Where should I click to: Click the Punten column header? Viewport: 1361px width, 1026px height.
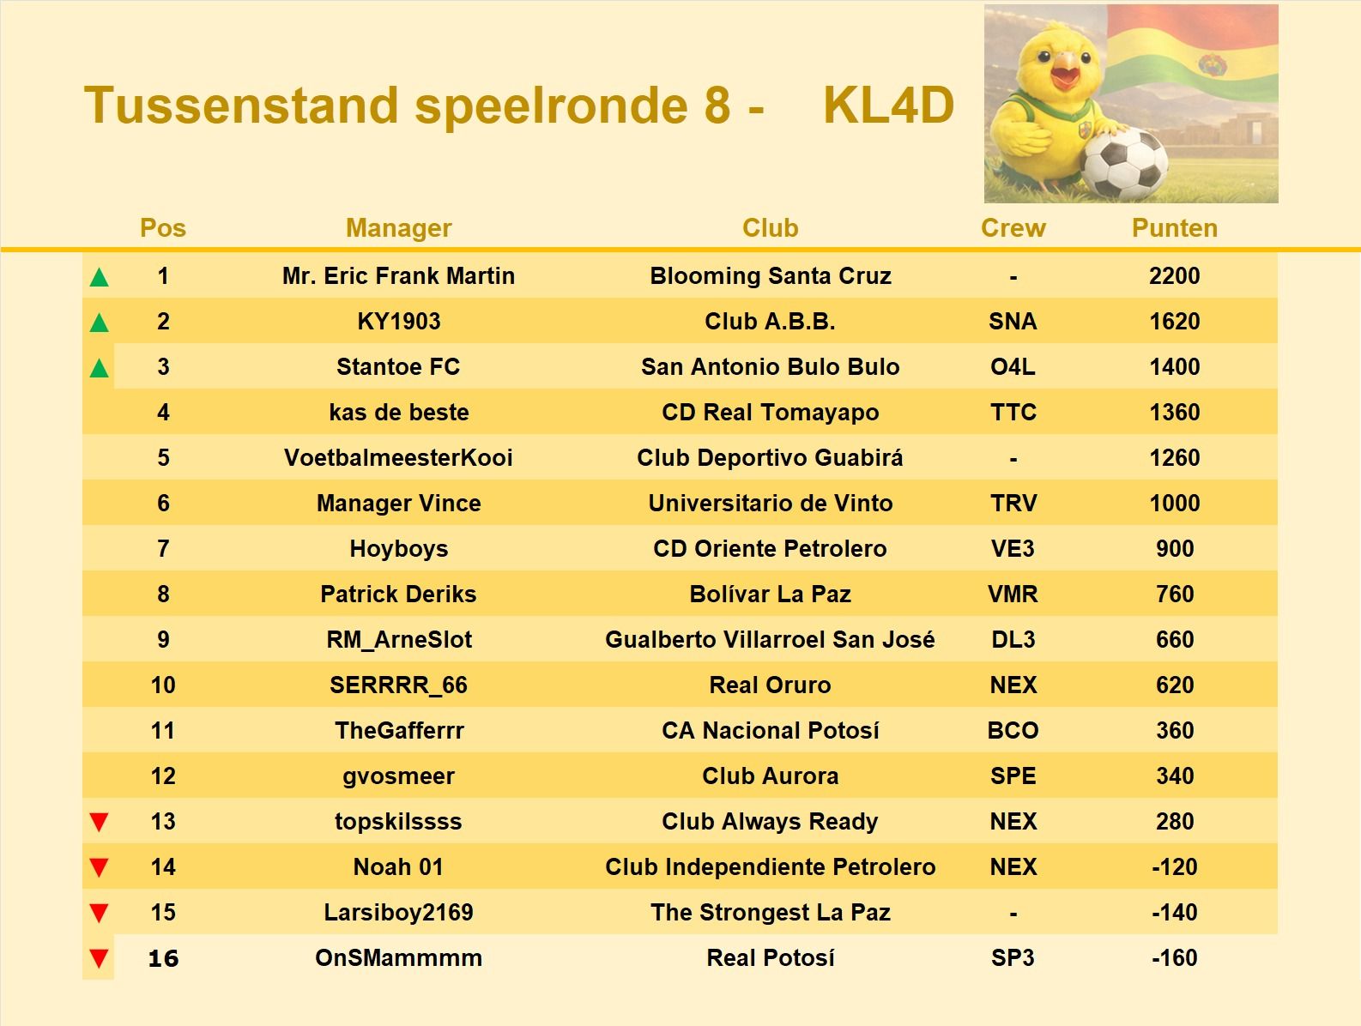(x=1174, y=228)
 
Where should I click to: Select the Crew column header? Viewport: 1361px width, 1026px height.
(x=1013, y=228)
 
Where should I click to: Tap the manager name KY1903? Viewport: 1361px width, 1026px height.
(x=398, y=322)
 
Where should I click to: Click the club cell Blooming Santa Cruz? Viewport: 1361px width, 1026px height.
(x=770, y=276)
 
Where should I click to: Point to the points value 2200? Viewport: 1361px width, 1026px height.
(x=1174, y=276)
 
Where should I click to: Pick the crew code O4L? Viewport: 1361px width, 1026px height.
(x=1013, y=367)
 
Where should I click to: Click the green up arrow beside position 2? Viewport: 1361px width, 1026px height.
(x=100, y=323)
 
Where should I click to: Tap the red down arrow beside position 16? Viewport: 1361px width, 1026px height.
(x=100, y=958)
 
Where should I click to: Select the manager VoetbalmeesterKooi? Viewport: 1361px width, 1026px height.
(x=398, y=458)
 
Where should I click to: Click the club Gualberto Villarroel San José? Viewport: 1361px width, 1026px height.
(x=770, y=640)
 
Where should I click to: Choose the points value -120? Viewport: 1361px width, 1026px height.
(x=1174, y=867)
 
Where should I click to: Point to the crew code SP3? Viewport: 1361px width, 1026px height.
(x=1013, y=958)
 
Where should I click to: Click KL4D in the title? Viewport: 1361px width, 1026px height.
(x=888, y=106)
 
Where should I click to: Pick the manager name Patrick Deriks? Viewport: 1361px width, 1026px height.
(x=398, y=594)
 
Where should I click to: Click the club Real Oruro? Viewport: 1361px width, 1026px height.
(x=770, y=685)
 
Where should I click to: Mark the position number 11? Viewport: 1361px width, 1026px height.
(x=163, y=731)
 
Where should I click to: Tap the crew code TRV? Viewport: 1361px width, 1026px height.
(x=1013, y=504)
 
